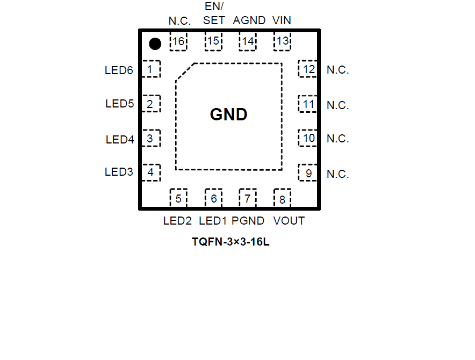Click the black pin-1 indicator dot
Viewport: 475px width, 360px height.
[155, 44]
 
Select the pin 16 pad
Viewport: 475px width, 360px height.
[178, 42]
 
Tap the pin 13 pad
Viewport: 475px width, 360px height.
[282, 41]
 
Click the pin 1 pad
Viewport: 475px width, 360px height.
[152, 69]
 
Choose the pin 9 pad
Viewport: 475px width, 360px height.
[308, 173]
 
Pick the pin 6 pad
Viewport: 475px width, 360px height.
[213, 198]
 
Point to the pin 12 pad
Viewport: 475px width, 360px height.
[308, 69]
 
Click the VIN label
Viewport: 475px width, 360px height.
[282, 20]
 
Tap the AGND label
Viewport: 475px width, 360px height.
[249, 20]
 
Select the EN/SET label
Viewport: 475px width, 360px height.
[213, 14]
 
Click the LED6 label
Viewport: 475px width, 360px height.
[119, 70]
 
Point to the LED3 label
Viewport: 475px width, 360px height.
[119, 172]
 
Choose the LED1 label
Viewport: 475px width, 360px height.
[213, 221]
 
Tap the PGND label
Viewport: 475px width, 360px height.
[248, 221]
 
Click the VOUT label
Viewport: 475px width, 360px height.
[289, 221]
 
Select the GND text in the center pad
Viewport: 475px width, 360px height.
[228, 114]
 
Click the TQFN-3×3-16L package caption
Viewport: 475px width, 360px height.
[231, 242]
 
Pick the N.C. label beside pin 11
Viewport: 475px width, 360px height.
[338, 105]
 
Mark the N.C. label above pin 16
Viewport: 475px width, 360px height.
[180, 21]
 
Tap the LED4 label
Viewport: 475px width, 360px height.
[120, 140]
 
